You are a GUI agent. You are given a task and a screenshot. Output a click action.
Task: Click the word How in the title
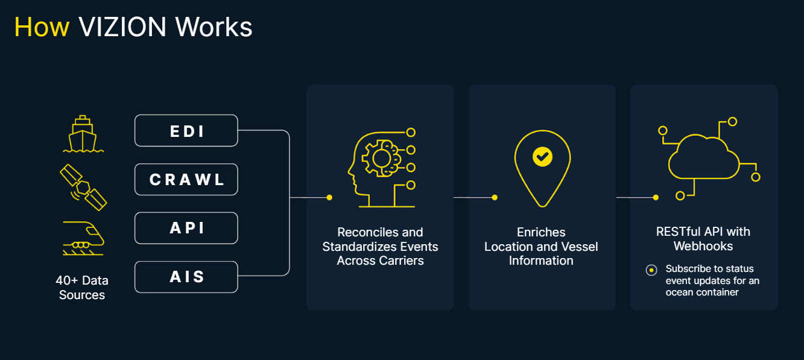pos(42,27)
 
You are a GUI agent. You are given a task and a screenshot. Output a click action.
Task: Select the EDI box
pos(186,130)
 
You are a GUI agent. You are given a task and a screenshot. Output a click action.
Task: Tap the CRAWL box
pos(186,179)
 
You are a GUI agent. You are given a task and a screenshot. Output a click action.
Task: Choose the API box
pos(186,228)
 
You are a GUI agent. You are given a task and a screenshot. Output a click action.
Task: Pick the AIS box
pos(186,277)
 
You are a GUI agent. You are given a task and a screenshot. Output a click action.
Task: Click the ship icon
pos(83,134)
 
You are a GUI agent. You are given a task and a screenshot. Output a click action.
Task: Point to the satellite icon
pos(83,186)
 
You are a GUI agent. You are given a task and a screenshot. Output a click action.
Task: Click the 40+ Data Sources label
pos(82,288)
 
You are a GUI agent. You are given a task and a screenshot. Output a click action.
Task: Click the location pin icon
pos(542,166)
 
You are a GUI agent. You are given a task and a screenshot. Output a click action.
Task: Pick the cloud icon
pos(704,158)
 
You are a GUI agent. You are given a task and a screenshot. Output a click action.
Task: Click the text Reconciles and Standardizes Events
pos(380,239)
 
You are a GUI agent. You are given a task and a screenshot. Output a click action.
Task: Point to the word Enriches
pos(541,232)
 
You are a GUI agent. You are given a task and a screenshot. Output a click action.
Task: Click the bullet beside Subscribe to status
pos(651,270)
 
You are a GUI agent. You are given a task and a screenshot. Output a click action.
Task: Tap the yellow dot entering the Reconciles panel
pos(329,197)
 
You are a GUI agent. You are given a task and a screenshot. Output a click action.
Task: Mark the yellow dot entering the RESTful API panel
pos(656,197)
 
